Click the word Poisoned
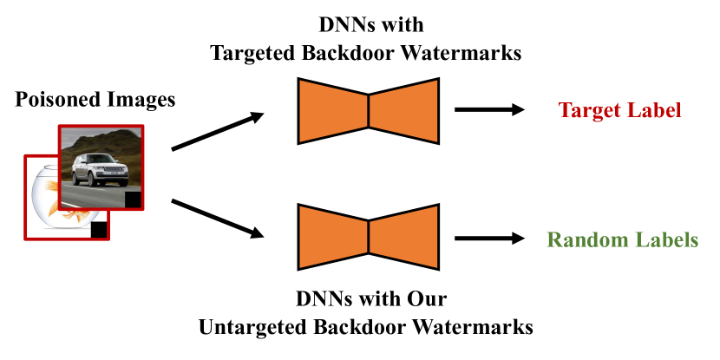(54, 100)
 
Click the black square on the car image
(133, 200)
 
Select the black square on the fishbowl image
(99, 230)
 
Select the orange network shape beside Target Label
(369, 109)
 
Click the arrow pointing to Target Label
(489, 110)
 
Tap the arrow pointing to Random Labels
(489, 239)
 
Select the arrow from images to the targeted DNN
(218, 131)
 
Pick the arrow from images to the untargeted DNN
(218, 218)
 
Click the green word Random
(591, 239)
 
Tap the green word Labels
(669, 239)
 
